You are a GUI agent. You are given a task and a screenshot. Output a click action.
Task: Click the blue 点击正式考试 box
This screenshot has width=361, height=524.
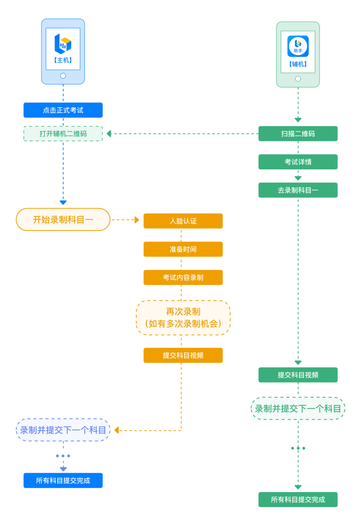point(63,110)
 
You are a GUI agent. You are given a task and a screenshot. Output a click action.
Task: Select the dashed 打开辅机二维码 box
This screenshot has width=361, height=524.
point(63,134)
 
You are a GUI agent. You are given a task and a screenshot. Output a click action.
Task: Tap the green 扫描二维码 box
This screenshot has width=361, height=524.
point(298,134)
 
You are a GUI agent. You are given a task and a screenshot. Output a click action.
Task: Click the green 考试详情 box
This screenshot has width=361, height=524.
point(298,162)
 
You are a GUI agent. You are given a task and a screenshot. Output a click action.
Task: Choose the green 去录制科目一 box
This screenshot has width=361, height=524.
point(298,190)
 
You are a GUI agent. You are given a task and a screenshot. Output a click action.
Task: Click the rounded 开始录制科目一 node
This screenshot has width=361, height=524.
point(63,220)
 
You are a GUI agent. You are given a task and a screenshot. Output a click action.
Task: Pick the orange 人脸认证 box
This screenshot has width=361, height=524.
point(183,221)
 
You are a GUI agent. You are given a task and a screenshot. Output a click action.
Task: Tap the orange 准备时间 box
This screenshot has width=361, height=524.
point(183,249)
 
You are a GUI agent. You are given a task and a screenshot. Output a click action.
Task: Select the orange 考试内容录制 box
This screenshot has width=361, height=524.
point(183,278)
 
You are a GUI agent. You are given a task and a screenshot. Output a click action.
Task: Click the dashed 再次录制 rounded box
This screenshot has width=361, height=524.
point(183,318)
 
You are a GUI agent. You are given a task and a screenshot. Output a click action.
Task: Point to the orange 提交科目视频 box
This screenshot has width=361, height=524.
point(183,356)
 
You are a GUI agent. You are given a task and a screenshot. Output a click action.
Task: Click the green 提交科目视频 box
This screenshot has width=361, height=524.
point(298,375)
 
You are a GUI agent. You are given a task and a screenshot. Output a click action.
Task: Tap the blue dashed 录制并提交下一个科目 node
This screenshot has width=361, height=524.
point(63,430)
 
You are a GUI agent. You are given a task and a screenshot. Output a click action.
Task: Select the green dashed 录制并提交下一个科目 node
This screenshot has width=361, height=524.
point(298,409)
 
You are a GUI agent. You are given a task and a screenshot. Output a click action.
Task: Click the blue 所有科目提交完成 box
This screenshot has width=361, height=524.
point(63,480)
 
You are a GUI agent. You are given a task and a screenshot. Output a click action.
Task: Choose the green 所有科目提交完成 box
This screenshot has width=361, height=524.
point(298,499)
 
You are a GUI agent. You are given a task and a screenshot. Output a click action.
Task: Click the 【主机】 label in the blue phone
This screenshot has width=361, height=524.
point(63,60)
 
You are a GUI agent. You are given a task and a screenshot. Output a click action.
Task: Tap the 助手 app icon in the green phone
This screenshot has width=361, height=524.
point(298,46)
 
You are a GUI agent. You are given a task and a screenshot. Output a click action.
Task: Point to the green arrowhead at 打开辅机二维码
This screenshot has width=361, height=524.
point(109,134)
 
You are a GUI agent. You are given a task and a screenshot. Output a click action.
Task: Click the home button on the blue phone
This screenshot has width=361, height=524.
point(63,76)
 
